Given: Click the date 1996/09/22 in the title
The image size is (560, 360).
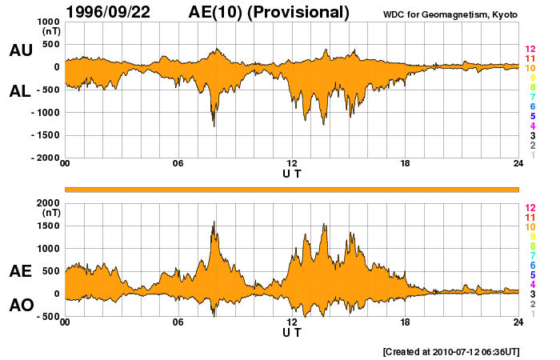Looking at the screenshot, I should pos(117,12).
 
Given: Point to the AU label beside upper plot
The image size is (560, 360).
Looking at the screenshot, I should pos(21,50).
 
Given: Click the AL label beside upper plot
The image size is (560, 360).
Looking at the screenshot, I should pos(21,91).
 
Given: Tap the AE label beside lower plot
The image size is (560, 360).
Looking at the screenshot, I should pos(21,271).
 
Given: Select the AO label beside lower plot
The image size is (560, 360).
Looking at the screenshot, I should pos(21,306).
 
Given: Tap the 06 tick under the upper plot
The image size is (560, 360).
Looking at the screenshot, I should pos(178,164).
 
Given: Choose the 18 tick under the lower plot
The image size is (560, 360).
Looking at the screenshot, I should pos(406,322).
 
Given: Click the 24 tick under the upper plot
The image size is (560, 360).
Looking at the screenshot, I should pos(518,164).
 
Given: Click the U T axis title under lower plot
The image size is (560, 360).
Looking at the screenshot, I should pos(292,332).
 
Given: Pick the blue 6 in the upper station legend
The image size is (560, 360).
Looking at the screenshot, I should pos(531,106).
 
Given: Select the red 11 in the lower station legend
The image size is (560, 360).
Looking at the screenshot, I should pos(530,217).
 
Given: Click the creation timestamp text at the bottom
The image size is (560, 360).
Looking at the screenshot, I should pos(451,351).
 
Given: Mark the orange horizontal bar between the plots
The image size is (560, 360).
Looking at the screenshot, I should pos(292,189).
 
